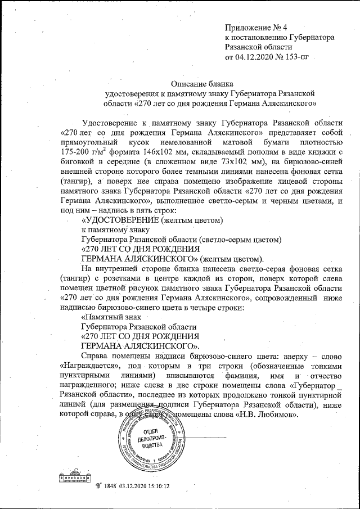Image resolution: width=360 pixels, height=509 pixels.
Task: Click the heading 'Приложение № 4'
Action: (x=255, y=27)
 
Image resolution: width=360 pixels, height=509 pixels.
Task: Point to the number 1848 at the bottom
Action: (x=109, y=486)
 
